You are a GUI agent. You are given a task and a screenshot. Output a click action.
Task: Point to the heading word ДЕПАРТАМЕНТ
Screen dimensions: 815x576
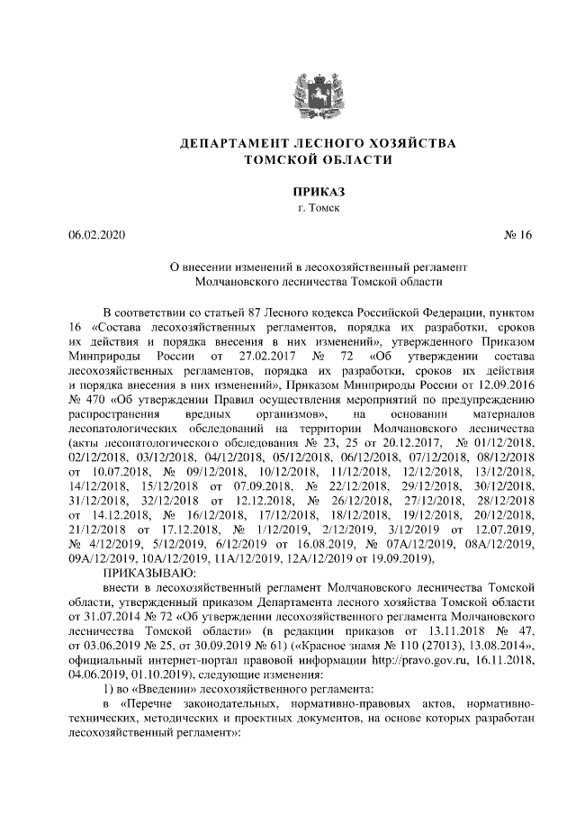tap(231, 144)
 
